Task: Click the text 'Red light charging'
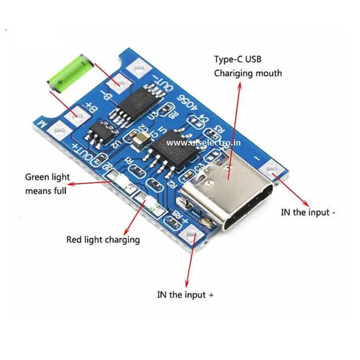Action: point(103,239)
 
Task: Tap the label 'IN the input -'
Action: point(308,212)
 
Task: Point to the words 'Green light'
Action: point(47,177)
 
